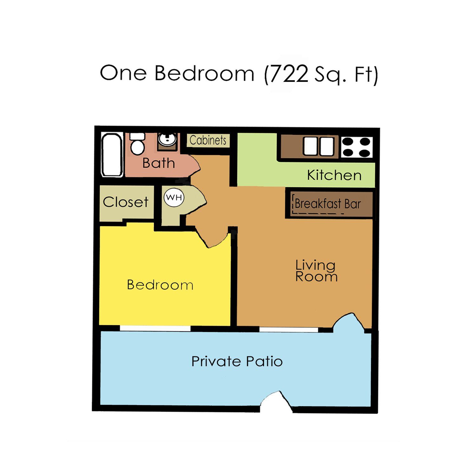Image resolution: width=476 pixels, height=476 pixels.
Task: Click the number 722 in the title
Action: coord(289,74)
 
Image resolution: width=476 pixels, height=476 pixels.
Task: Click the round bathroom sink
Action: coord(167,139)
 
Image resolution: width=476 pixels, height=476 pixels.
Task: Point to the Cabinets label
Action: coord(208,140)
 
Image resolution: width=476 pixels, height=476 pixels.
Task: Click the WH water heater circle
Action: coord(174,197)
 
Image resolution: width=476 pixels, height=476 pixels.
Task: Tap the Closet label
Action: coord(126,202)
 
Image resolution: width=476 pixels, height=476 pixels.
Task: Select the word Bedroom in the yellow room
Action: coord(160,285)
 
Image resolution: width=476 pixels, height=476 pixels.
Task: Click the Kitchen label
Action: coord(334,175)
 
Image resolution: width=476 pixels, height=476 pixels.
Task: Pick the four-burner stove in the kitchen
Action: coord(357,147)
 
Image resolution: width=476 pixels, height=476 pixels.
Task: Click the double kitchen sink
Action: coord(319,146)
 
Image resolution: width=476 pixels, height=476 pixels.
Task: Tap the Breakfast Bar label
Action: coord(328,204)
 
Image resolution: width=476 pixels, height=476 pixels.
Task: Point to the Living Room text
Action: coord(316,271)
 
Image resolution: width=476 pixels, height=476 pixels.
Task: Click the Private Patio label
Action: coord(237,361)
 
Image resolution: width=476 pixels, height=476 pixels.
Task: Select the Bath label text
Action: coord(159,163)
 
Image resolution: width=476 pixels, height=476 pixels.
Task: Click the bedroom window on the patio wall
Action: coord(155,328)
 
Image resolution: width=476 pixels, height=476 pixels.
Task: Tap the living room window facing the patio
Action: coord(288,330)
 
